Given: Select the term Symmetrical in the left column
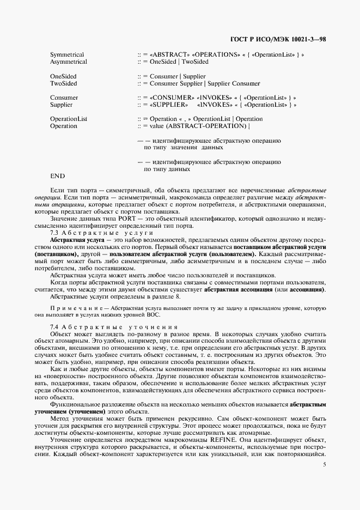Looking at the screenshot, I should [x=67, y=55].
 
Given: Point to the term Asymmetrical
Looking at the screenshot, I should [x=69, y=62].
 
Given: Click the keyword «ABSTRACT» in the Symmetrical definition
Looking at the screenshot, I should [x=167, y=55].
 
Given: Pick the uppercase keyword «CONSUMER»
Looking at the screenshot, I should [x=169, y=98].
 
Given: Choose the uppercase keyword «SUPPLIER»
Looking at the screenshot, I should [x=167, y=105].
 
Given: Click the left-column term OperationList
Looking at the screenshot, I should [x=69, y=119].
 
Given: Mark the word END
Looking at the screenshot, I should [x=57, y=176].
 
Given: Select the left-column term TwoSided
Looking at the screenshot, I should [x=64, y=83].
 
